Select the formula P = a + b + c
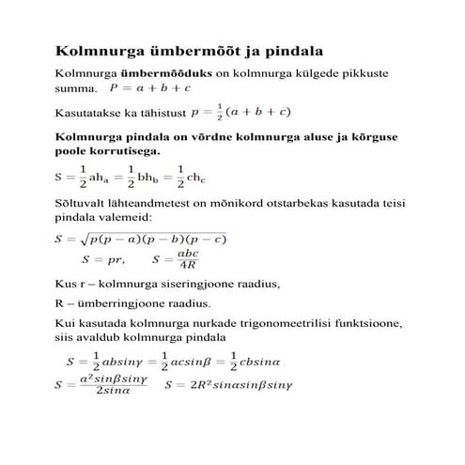(x=151, y=89)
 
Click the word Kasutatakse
(x=91, y=114)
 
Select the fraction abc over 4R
(x=188, y=259)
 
